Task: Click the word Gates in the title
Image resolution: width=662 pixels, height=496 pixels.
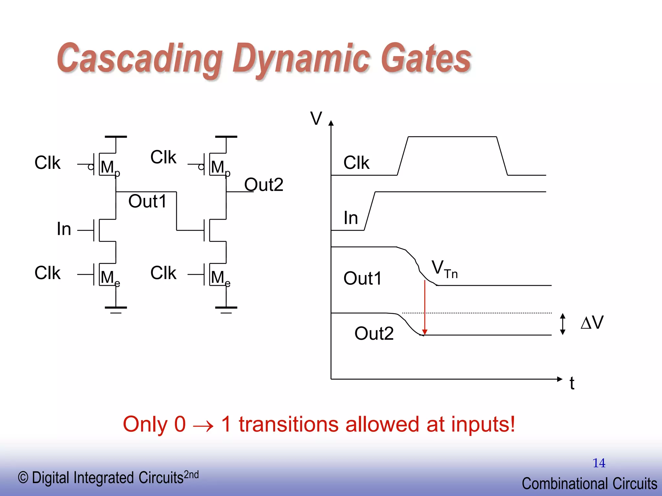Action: (x=426, y=59)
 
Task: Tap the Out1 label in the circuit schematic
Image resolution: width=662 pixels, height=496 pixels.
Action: (x=147, y=201)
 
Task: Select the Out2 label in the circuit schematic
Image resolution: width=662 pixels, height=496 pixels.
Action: (x=264, y=185)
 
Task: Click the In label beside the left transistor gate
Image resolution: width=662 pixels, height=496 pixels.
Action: (x=64, y=229)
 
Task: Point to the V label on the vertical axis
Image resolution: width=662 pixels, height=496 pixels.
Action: (x=316, y=118)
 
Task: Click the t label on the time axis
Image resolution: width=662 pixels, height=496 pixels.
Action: (x=572, y=384)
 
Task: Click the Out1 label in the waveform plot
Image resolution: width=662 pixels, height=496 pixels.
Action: (x=363, y=278)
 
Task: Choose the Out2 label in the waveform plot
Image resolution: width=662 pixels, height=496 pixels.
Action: (x=374, y=333)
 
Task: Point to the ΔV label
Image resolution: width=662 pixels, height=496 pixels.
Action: (x=592, y=323)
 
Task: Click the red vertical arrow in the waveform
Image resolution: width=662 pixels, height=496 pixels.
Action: (x=425, y=307)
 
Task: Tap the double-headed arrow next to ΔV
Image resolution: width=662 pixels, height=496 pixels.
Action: (x=562, y=324)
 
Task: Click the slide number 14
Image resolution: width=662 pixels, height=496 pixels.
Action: (x=599, y=463)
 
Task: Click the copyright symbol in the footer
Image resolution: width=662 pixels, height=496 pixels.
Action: (x=23, y=478)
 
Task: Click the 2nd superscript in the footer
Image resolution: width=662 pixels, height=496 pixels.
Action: (x=191, y=475)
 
